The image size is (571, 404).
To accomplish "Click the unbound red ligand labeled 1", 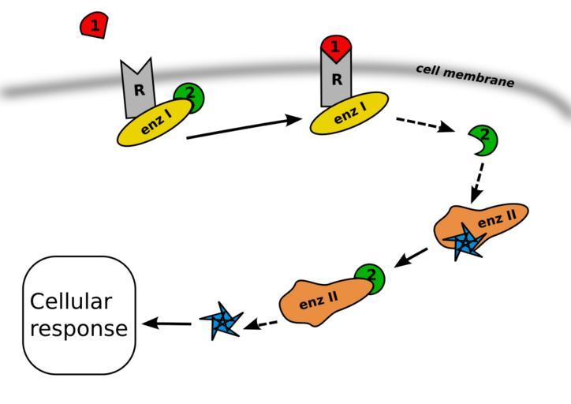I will (94, 26).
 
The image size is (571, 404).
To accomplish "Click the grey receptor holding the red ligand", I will (336, 82).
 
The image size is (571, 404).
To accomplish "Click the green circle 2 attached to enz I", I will (188, 96).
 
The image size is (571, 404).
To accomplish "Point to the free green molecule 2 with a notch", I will (483, 139).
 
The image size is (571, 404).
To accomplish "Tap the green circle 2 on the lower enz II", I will (369, 278).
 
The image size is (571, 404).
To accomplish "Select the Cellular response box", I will (80, 314).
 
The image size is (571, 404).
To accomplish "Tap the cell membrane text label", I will (465, 76).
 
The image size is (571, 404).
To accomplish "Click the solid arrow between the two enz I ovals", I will (244, 128).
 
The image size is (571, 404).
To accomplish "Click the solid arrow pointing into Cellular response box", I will (167, 323).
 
